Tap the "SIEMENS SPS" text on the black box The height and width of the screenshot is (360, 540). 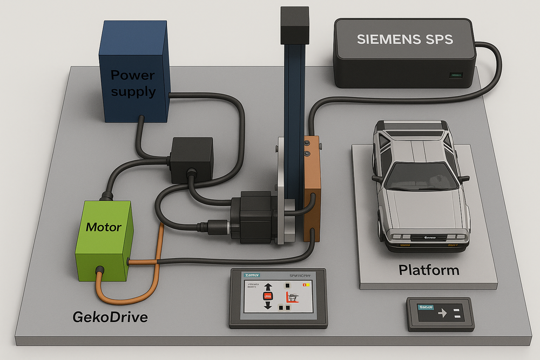coord(404,39)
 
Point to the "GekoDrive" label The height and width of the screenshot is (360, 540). coord(110,317)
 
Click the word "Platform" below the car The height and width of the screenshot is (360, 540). coord(429,269)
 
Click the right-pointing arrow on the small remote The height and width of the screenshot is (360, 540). coord(442,313)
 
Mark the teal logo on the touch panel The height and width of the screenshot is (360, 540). coord(252,274)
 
